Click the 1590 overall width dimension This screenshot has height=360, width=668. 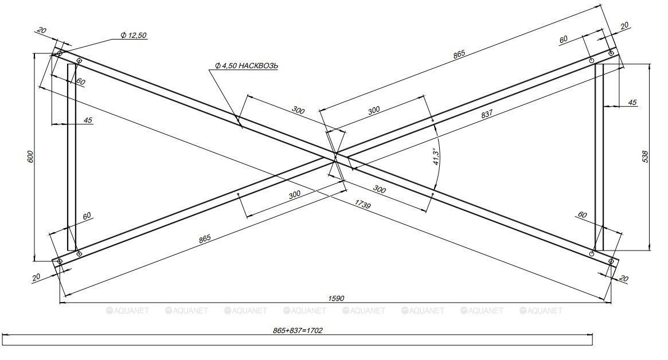point(336,299)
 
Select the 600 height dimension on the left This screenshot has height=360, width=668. point(30,156)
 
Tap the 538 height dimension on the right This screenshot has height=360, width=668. point(645,156)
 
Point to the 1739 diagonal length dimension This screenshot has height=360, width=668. point(362,204)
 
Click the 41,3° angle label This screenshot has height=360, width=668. point(436,156)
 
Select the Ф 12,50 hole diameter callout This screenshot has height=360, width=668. point(134,36)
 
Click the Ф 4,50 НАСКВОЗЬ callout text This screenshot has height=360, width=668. point(246,65)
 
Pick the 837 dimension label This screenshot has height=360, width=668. point(486,114)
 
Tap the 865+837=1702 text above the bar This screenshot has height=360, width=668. point(298,330)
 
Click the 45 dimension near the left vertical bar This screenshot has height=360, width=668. point(88,120)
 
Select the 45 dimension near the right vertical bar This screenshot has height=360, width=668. point(632,103)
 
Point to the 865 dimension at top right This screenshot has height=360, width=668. point(459,54)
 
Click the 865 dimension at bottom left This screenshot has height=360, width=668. point(205,238)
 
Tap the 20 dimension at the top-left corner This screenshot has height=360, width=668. point(42,31)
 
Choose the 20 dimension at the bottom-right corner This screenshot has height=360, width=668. point(623,279)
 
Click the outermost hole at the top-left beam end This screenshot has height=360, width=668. point(60,54)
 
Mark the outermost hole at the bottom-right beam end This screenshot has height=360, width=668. point(611,261)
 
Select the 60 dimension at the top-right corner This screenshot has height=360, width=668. point(563,40)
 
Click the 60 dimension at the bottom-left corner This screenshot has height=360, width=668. point(87,217)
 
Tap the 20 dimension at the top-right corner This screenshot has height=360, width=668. point(624,26)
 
